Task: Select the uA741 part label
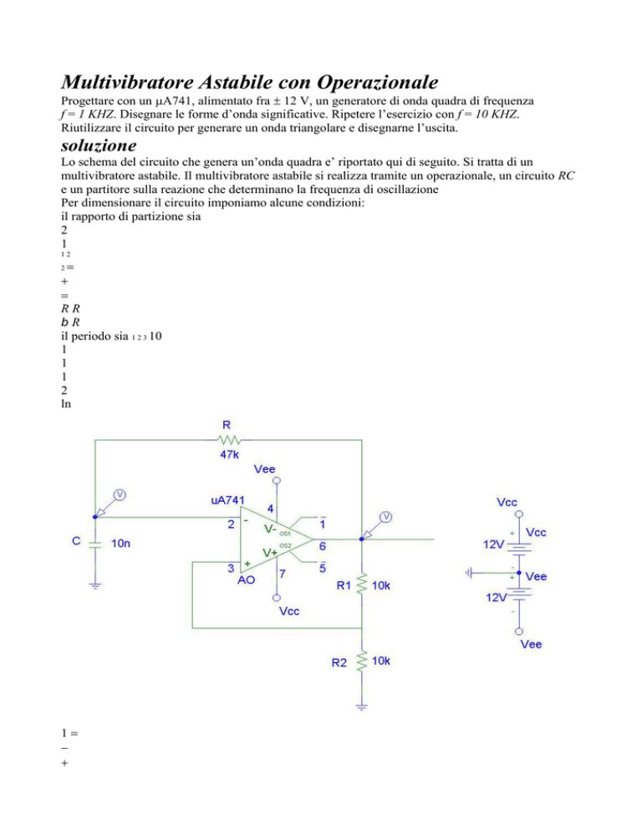pyautogui.click(x=227, y=501)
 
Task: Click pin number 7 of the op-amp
pyautogui.click(x=284, y=576)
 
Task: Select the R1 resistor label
pyautogui.click(x=345, y=587)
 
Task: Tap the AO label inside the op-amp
pyautogui.click(x=247, y=579)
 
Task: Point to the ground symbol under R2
pyautogui.click(x=360, y=707)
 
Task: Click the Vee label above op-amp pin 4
pyautogui.click(x=277, y=470)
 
